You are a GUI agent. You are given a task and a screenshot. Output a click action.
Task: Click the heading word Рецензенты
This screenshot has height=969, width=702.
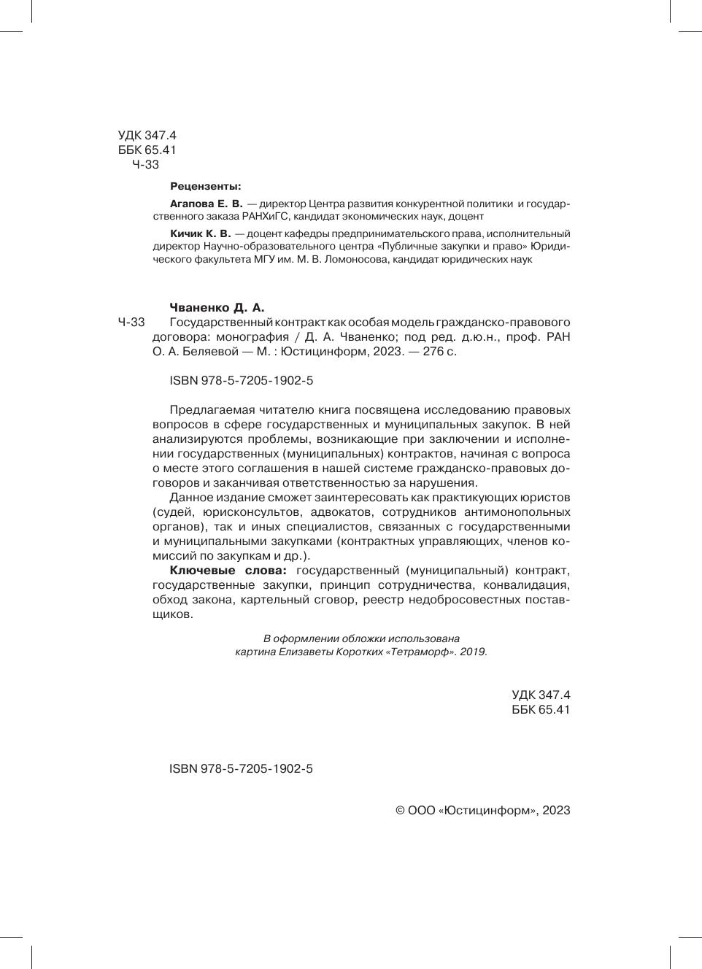click(205, 185)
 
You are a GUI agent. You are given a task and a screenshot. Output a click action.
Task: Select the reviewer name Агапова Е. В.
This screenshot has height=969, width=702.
click(206, 204)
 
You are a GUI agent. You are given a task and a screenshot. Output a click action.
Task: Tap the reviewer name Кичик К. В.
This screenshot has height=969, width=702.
click(200, 233)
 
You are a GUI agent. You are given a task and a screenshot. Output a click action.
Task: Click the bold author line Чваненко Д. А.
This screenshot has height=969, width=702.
click(216, 307)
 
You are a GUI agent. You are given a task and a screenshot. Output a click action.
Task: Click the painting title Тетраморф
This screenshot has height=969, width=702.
click(425, 652)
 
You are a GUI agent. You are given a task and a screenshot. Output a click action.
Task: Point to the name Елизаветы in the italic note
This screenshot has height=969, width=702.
click(305, 652)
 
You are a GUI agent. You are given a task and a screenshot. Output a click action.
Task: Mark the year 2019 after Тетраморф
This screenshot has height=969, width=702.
click(472, 652)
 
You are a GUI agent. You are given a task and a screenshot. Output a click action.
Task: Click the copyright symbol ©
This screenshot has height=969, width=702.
click(400, 811)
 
